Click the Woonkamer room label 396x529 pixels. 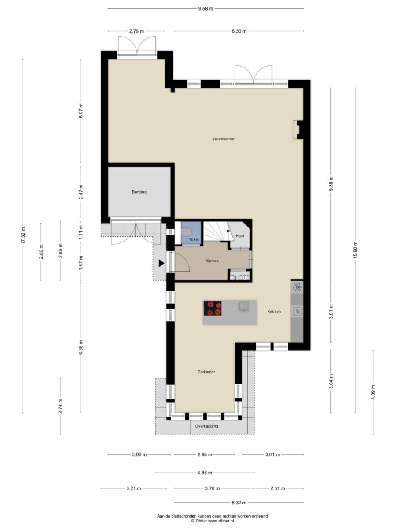[x=224, y=139]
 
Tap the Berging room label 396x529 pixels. [x=139, y=192]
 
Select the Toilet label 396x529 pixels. [x=194, y=239]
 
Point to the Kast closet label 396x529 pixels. [x=240, y=236]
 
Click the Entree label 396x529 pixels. [x=213, y=261]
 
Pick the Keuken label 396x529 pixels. [x=274, y=311]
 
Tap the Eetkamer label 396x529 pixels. [x=206, y=372]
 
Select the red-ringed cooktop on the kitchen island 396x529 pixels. [x=213, y=308]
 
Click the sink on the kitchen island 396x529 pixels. [x=244, y=306]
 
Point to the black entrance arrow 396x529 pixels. [x=161, y=264]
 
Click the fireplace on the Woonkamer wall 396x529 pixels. [x=298, y=130]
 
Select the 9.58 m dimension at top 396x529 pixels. [x=205, y=9]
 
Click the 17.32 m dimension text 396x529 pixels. [x=23, y=235]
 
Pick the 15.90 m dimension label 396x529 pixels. [x=356, y=250]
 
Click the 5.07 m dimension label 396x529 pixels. [x=81, y=111]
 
